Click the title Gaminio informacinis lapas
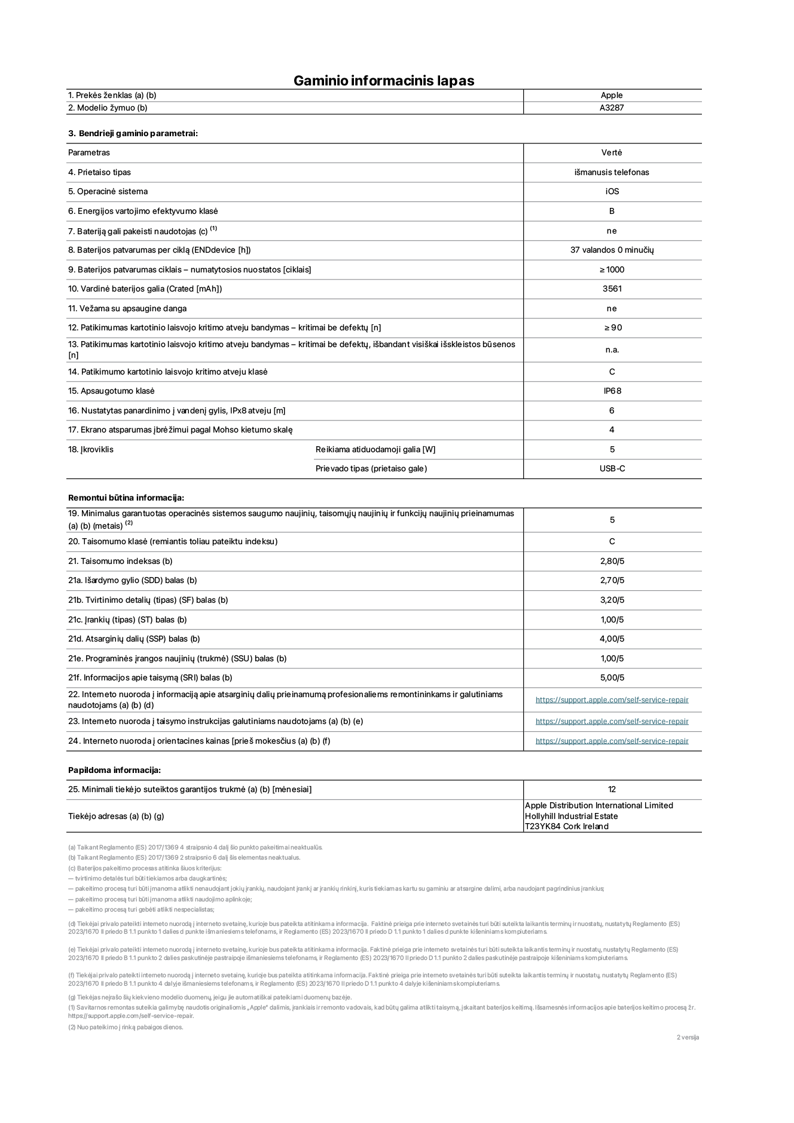click(x=383, y=81)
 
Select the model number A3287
click(x=612, y=108)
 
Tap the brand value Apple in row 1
click(x=612, y=95)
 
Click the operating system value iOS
click(x=612, y=192)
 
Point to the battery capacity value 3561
click(x=612, y=289)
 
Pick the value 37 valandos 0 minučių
click(x=612, y=250)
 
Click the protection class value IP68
click(x=612, y=391)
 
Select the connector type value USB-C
click(x=612, y=469)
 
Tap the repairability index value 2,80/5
click(x=612, y=561)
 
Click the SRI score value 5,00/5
click(x=612, y=678)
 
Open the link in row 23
click(x=612, y=722)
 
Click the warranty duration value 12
click(x=612, y=790)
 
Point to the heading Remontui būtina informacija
click(x=126, y=498)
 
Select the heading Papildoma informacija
click(x=114, y=771)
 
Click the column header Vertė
click(x=612, y=153)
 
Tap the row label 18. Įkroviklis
click(x=91, y=450)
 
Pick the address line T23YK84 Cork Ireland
click(x=566, y=827)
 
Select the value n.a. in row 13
click(x=612, y=350)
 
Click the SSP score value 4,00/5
click(x=612, y=639)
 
